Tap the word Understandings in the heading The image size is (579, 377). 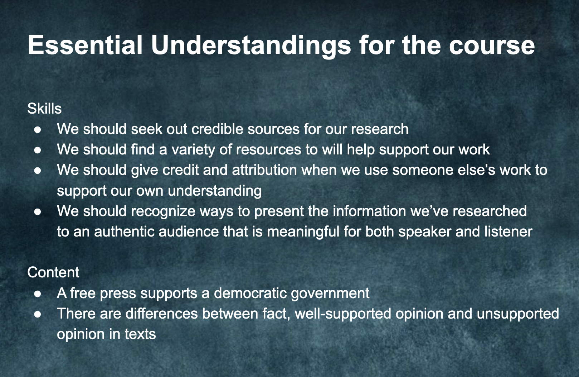point(250,46)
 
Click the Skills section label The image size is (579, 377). point(44,109)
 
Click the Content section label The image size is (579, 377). point(53,272)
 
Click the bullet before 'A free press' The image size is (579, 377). point(38,294)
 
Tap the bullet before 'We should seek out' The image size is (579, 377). point(38,129)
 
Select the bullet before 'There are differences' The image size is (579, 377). point(38,314)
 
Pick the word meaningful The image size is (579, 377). point(303,232)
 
